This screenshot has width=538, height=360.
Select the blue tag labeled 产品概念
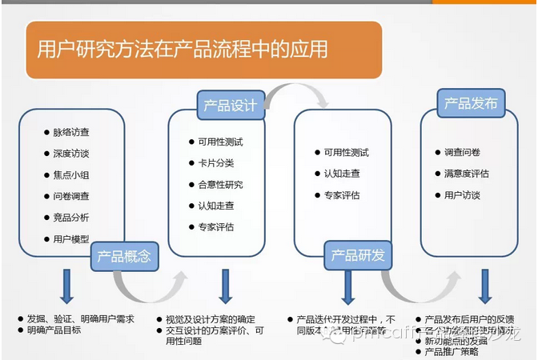pos(124,257)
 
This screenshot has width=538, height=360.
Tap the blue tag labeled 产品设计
pos(231,106)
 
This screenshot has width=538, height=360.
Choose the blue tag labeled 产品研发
pos(358,255)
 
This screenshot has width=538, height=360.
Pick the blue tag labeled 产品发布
pos(471,103)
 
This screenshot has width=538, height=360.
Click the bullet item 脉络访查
pos(71,131)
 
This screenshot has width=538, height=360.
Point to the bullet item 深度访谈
pos(71,153)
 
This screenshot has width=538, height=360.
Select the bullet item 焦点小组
pos(71,174)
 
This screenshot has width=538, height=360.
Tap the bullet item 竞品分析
pos(71,217)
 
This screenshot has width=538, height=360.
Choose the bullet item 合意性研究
pos(221,185)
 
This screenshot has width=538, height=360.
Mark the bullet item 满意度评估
pos(467,174)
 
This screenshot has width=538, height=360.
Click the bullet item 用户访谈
pos(462,195)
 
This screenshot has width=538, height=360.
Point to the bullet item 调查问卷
pos(462,152)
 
